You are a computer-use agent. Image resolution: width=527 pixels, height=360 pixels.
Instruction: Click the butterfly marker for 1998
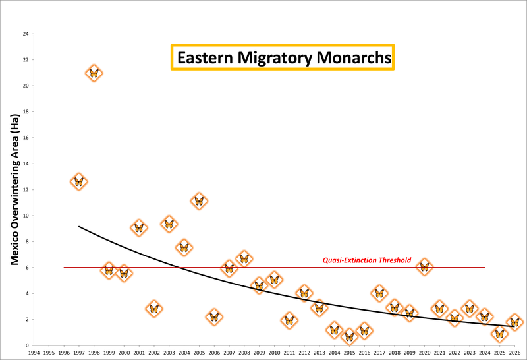tap(94, 73)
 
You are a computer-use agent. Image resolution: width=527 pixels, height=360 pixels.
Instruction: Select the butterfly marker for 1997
tap(78, 181)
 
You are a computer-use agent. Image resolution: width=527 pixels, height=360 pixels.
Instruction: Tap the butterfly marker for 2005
tap(199, 201)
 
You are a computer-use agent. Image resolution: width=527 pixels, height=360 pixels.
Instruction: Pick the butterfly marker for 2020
tap(424, 267)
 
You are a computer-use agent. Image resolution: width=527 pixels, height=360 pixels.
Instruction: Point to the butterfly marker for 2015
tap(349, 337)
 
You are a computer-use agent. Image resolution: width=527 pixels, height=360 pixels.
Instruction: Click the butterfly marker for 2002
tap(153, 308)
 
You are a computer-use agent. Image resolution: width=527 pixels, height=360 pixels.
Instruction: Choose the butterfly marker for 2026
tap(515, 322)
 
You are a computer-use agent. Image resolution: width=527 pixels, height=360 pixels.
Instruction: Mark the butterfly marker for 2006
tap(214, 316)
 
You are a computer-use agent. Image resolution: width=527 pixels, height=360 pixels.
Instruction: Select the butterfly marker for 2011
tap(289, 320)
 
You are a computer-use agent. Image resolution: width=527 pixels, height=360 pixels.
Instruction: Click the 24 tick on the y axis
tap(25, 34)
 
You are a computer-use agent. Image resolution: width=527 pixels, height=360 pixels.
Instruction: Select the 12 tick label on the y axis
tap(25, 190)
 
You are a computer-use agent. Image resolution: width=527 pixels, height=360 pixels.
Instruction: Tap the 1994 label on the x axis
tap(34, 353)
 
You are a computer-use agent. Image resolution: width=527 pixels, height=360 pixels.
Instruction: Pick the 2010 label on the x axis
tap(274, 353)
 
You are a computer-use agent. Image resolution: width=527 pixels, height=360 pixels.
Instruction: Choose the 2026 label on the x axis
tap(514, 353)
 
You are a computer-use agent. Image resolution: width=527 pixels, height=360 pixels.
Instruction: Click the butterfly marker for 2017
tap(379, 293)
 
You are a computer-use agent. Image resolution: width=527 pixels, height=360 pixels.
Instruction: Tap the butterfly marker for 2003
tap(169, 224)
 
